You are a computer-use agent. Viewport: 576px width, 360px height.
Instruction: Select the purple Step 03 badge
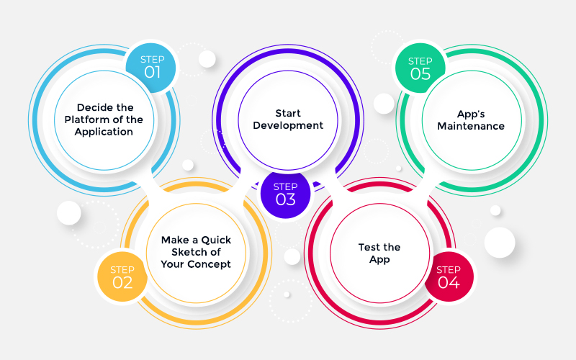[286, 193]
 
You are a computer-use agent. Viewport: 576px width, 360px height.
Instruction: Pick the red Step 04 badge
[449, 276]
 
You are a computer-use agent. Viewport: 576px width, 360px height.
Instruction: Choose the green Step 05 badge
[420, 68]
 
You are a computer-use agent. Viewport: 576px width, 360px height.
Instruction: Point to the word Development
[289, 125]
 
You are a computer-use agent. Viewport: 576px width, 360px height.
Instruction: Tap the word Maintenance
[471, 126]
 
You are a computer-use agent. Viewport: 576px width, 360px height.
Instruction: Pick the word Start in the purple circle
[288, 113]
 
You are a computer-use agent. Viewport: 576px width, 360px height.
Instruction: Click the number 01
[152, 71]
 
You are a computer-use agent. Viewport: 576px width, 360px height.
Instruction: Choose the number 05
[420, 74]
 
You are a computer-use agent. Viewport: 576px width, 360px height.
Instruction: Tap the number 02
[122, 283]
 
